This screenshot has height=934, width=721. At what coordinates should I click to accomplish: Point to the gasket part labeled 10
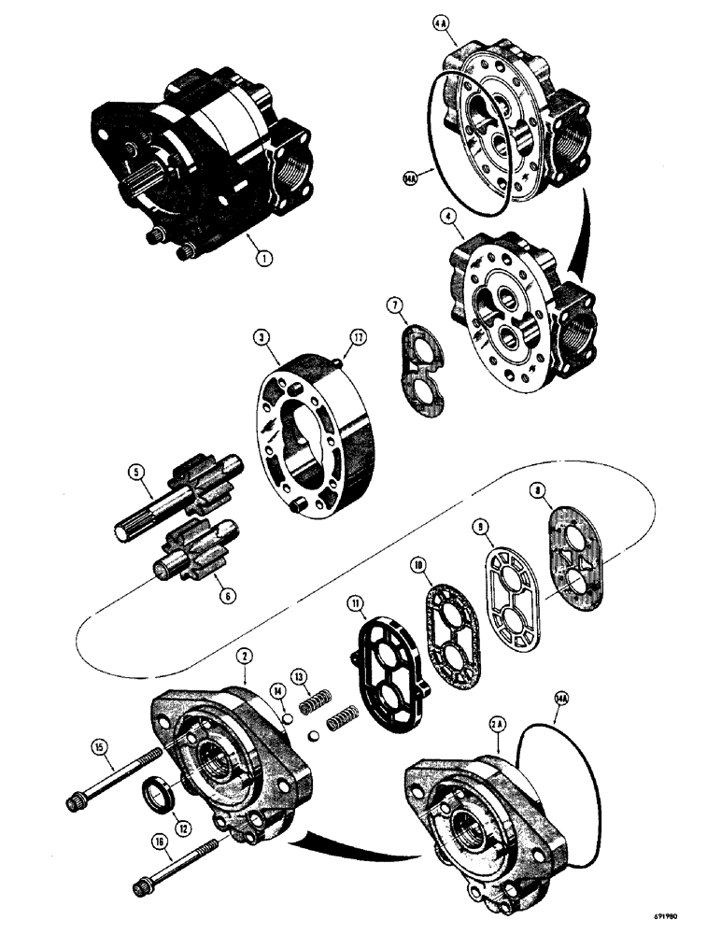click(452, 607)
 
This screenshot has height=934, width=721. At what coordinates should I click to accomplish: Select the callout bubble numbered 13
click(325, 676)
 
